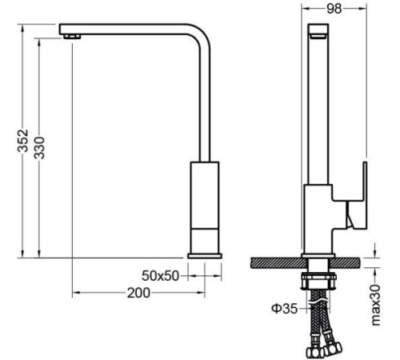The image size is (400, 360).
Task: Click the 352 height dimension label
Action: pyautogui.click(x=23, y=141)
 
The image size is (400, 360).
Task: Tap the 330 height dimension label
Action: pyautogui.click(x=39, y=148)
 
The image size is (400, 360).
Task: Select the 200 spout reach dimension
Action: pyautogui.click(x=138, y=293)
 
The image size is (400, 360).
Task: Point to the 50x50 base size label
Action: pyautogui.click(x=160, y=276)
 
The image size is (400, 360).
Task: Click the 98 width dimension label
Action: pyautogui.click(x=334, y=9)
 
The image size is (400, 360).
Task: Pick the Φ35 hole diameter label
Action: pyautogui.click(x=284, y=309)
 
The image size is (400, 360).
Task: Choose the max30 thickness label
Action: pyautogui.click(x=376, y=305)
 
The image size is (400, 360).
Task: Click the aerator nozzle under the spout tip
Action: pyautogui.click(x=72, y=37)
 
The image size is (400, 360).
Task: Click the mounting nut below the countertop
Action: pyautogui.click(x=318, y=281)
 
